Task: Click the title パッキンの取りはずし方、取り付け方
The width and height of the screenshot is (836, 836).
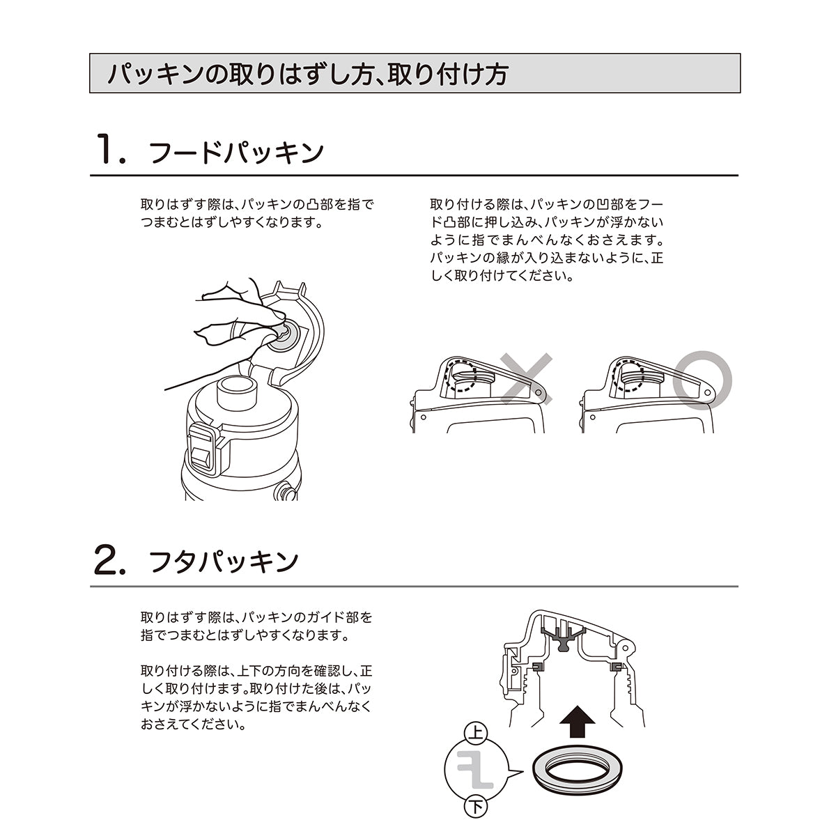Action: [307, 74]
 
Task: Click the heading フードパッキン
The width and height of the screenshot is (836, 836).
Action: [237, 153]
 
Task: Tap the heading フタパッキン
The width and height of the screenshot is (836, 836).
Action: [224, 562]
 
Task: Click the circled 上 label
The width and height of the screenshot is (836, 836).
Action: [477, 733]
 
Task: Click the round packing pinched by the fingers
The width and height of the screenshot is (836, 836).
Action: [285, 336]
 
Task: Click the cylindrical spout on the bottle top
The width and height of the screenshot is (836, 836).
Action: [236, 394]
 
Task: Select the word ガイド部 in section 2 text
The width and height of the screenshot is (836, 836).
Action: [343, 617]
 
